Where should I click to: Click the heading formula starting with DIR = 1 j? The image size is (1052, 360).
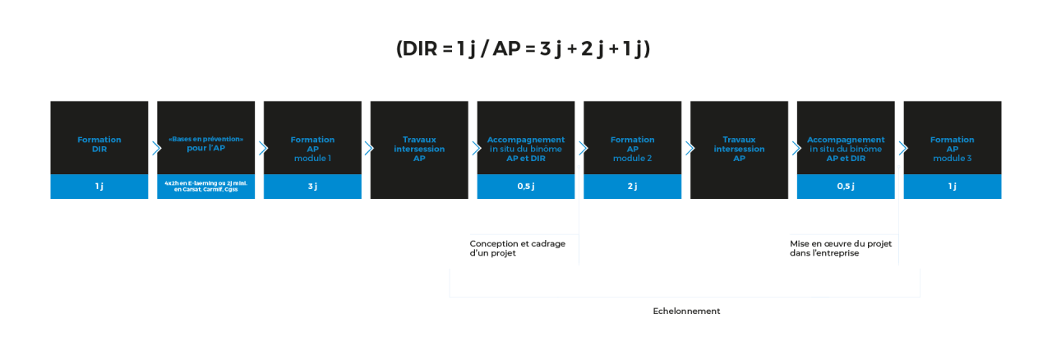(x=523, y=49)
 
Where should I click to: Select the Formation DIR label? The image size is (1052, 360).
(x=99, y=145)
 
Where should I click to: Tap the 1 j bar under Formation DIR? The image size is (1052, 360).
(x=99, y=187)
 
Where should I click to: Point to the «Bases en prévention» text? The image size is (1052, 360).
(x=206, y=139)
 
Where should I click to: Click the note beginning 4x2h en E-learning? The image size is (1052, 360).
(x=206, y=187)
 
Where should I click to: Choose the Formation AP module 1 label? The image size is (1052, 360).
(x=312, y=149)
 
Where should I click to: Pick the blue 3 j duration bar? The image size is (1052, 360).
(x=312, y=187)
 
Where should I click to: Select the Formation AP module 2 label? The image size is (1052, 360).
(x=633, y=149)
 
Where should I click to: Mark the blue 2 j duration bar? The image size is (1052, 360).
(x=633, y=187)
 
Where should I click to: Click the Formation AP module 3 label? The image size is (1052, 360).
(x=953, y=149)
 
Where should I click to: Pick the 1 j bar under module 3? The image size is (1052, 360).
(x=953, y=187)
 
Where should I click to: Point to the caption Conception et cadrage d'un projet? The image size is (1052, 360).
(x=518, y=248)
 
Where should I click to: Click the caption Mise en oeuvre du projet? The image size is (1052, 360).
(x=841, y=248)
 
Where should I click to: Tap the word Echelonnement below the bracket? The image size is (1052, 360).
(x=686, y=312)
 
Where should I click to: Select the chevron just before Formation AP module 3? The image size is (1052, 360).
(x=902, y=148)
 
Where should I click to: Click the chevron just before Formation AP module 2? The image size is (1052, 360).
(x=582, y=148)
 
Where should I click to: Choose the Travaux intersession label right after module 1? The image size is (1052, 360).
(x=419, y=149)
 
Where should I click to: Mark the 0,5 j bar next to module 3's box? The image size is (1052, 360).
(x=846, y=187)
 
